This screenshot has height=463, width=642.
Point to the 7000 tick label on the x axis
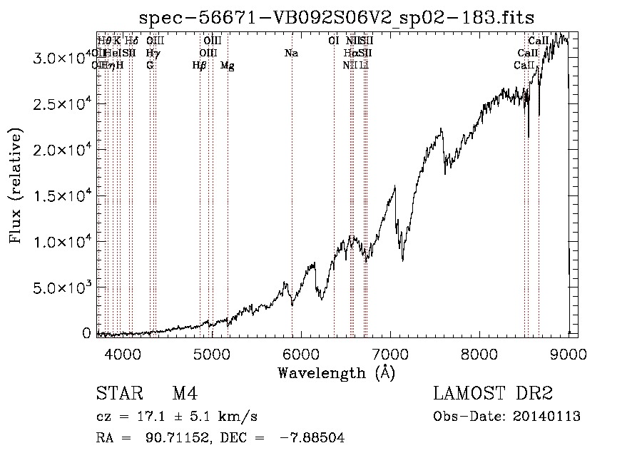(389, 352)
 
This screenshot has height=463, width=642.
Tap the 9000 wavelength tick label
(568, 352)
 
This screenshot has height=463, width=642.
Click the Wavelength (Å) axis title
(336, 372)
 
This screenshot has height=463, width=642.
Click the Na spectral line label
(291, 54)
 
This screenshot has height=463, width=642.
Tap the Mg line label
(227, 66)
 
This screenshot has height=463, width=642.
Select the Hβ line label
(199, 66)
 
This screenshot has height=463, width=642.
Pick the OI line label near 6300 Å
(333, 41)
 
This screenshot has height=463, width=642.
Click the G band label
(150, 66)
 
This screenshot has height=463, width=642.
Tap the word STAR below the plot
(118, 395)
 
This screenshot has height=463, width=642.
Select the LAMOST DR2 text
(493, 395)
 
